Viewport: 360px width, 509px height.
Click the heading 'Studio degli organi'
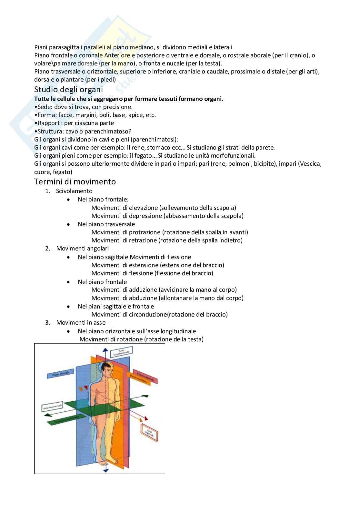click(68, 90)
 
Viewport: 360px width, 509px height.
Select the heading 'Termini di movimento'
click(75, 181)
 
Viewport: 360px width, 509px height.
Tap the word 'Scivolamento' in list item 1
click(74, 191)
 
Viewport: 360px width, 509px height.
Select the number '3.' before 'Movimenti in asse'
click(48, 323)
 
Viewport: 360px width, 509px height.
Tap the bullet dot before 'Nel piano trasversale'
click(68, 224)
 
